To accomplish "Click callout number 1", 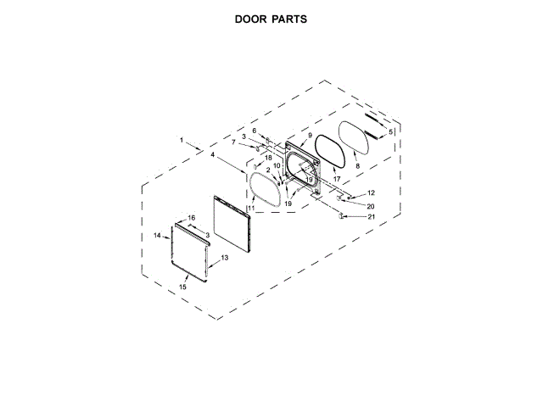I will point(181,138).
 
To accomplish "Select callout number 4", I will point(212,155).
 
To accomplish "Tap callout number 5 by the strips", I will point(390,132).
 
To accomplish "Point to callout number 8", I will point(357,166).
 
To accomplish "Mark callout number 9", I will point(310,136).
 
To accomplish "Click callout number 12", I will point(371,194).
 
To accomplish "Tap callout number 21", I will point(371,217).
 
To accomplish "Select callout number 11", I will point(251,208).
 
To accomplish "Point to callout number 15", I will point(182,287).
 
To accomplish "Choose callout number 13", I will point(225,257).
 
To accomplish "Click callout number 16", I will point(192,218).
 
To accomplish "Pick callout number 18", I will point(268,159).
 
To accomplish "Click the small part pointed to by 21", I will point(341,217).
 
